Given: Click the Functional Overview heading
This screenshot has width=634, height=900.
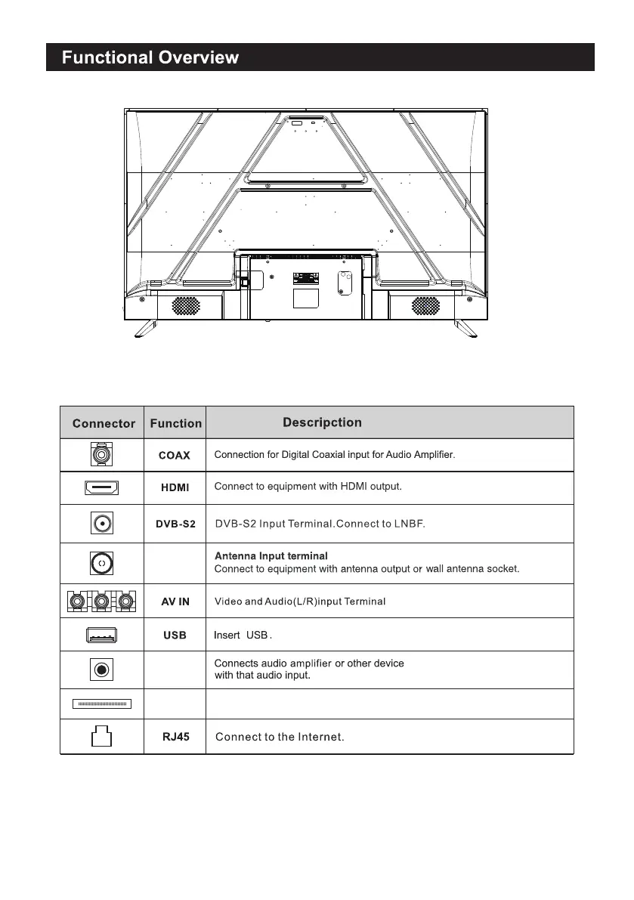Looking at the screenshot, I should coord(150,57).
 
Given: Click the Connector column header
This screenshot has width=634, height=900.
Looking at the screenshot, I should coord(104,423).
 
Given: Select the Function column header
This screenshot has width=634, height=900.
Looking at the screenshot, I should coord(175,423).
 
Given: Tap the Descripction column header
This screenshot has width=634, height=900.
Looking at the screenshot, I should coord(322,422).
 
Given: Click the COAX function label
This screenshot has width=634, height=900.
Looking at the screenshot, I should coord(174,456).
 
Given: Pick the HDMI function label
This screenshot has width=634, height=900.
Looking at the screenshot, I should coord(175,488).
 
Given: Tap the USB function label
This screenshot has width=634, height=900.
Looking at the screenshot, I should coord(175,636).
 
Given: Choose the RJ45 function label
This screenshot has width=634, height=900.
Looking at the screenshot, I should coord(175,737).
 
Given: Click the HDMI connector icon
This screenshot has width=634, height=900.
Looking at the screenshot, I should coord(102,488).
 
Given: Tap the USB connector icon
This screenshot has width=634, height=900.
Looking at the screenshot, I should coord(102,636).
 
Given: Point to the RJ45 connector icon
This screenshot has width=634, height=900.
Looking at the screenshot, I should coord(101,737).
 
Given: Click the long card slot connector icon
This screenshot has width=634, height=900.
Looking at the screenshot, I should coord(102,704).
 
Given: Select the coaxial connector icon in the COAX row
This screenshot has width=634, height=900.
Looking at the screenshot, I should coord(102,456).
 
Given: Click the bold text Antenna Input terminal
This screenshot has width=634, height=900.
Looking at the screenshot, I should coord(271,556).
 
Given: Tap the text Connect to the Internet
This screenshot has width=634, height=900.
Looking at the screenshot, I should coord(280,737).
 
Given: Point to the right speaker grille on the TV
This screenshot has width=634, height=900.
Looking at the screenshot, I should coord(425,305).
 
